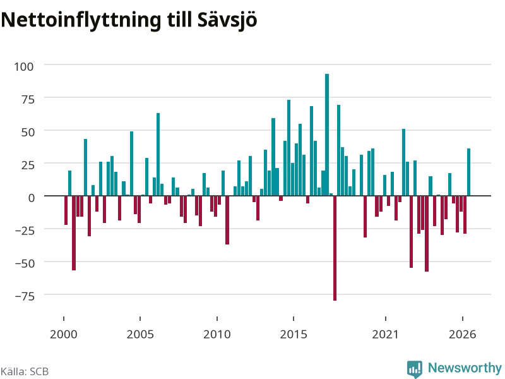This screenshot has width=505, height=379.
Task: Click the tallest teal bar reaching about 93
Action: [x=327, y=135]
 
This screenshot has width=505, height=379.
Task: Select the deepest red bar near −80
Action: [x=335, y=248]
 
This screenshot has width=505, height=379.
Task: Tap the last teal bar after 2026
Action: [x=468, y=172]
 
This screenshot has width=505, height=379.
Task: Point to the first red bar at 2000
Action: [x=66, y=210]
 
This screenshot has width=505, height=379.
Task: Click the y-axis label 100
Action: [x=24, y=67]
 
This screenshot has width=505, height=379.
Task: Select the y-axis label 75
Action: [x=28, y=100]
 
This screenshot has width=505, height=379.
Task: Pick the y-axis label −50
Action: [x=25, y=263]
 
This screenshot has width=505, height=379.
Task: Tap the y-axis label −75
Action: [x=25, y=296]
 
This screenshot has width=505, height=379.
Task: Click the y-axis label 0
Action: [x=31, y=198]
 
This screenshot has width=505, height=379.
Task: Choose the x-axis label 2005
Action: [x=140, y=334]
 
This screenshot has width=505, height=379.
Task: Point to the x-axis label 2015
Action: [x=294, y=334]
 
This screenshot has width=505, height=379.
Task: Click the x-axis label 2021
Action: [x=385, y=334]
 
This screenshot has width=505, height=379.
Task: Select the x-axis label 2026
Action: [x=462, y=334]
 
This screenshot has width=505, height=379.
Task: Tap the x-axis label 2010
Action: [x=217, y=334]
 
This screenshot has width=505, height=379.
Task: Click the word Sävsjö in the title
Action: [x=227, y=20]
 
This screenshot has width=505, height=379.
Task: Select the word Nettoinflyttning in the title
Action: [x=81, y=20]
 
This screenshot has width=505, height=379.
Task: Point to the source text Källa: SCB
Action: [x=25, y=371]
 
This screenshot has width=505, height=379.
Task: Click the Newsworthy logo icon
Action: [x=415, y=369]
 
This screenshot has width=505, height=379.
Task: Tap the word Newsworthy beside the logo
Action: [x=465, y=368]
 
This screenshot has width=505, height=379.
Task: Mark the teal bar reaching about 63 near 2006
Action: [x=158, y=154]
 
